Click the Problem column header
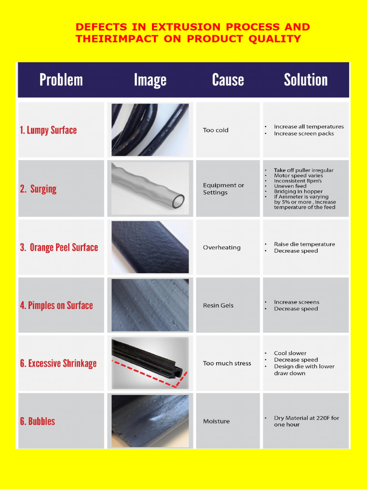61,80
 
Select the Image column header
150,80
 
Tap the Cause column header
228,80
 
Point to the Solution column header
306,80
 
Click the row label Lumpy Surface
48,130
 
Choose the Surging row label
38,189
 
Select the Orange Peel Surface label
59,247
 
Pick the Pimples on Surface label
56,306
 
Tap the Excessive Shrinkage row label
58,363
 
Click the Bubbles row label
37,421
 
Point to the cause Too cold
216,130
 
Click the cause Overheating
222,247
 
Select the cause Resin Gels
218,306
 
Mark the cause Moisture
216,421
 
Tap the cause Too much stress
227,363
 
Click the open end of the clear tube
178,201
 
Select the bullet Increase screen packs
304,134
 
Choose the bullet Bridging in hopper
298,191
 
